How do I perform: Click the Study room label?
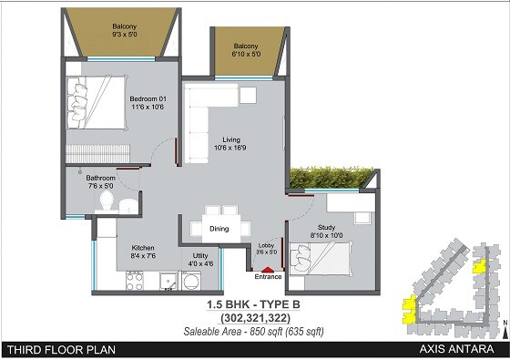click(327, 231)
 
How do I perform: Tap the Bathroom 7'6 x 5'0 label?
click(100, 182)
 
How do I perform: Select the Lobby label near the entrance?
click(266, 248)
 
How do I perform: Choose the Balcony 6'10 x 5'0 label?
click(247, 50)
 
